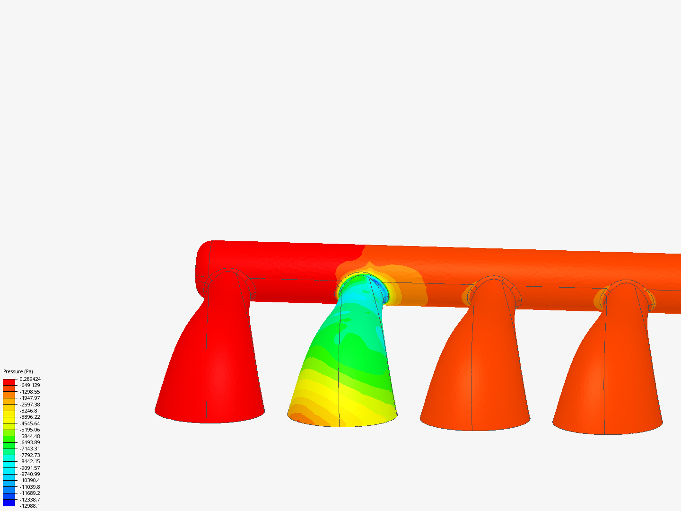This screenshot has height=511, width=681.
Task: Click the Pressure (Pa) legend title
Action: coord(18,371)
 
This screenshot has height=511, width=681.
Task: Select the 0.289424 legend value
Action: coord(30,379)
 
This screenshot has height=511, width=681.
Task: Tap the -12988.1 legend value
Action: coord(30,506)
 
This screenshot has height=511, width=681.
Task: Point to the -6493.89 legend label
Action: coord(30,442)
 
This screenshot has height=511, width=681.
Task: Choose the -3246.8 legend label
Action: coord(28,411)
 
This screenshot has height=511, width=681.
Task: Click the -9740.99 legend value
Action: coord(30,474)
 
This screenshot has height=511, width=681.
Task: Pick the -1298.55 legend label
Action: coord(30,392)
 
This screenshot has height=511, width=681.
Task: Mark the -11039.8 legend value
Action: coord(30,487)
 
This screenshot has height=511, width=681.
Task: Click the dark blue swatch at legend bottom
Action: coord(9,502)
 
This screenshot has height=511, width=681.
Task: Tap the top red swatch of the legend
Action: coord(9,382)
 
